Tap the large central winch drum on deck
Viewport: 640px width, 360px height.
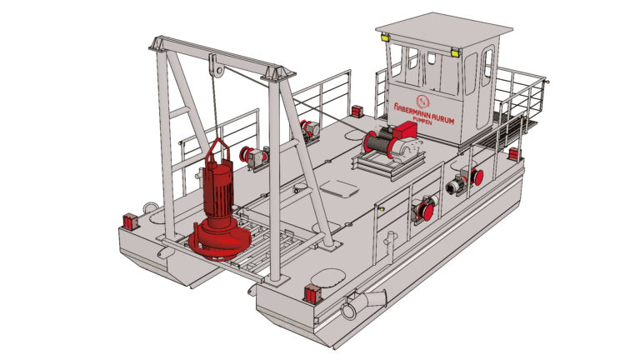[x=379, y=143]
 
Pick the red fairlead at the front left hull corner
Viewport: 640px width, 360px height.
[x=131, y=221]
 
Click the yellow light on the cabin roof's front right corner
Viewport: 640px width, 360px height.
[x=455, y=52]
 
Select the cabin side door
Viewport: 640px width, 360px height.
[x=483, y=80]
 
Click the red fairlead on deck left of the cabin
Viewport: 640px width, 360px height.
[x=356, y=110]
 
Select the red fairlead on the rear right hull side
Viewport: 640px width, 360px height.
[x=513, y=154]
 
